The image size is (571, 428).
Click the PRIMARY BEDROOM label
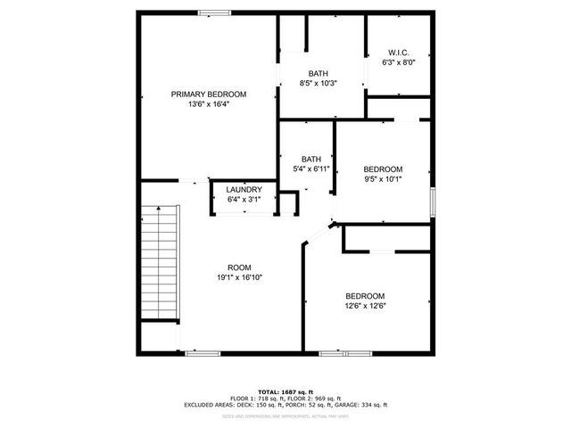click(x=209, y=94)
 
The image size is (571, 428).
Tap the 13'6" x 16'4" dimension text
click(x=209, y=104)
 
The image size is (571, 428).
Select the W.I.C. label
click(x=398, y=52)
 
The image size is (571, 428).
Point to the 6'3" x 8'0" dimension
click(x=398, y=62)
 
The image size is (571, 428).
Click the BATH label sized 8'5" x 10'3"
click(x=319, y=73)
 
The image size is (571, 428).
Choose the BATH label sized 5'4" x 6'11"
click(x=311, y=159)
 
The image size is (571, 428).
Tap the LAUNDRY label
click(x=244, y=190)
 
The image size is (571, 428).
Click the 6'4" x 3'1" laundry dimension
click(x=244, y=200)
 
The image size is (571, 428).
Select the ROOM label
click(x=239, y=267)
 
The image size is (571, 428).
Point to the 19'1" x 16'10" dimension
click(x=239, y=277)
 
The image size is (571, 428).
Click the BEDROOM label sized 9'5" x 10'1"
click(x=383, y=169)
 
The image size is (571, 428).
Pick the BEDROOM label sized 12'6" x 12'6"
click(x=365, y=296)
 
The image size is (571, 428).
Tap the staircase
click(x=160, y=263)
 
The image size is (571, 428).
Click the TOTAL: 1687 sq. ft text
click(x=286, y=392)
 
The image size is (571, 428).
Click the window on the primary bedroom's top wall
click(x=211, y=12)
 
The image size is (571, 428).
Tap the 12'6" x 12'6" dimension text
click(x=365, y=306)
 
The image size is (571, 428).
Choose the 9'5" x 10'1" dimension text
click(x=383, y=179)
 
